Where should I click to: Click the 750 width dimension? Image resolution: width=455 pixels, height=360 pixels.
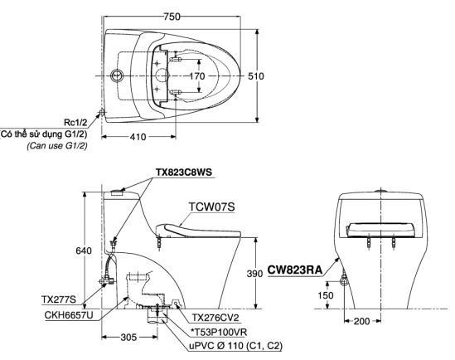click(x=172, y=17)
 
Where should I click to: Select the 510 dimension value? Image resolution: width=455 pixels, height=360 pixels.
click(x=256, y=76)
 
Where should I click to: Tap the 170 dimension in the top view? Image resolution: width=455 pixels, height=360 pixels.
click(x=197, y=76)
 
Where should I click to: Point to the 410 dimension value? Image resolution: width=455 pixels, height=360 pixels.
click(x=138, y=136)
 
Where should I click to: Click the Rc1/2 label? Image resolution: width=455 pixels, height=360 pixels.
click(x=75, y=123)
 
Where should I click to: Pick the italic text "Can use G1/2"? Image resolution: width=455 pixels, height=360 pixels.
click(x=57, y=145)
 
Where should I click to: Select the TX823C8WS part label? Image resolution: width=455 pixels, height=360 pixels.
click(x=184, y=173)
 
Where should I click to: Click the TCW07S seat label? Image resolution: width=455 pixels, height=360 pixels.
click(x=211, y=207)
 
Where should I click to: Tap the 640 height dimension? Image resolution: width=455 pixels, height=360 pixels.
click(x=84, y=251)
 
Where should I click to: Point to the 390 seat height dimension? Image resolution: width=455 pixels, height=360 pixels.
click(x=254, y=273)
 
